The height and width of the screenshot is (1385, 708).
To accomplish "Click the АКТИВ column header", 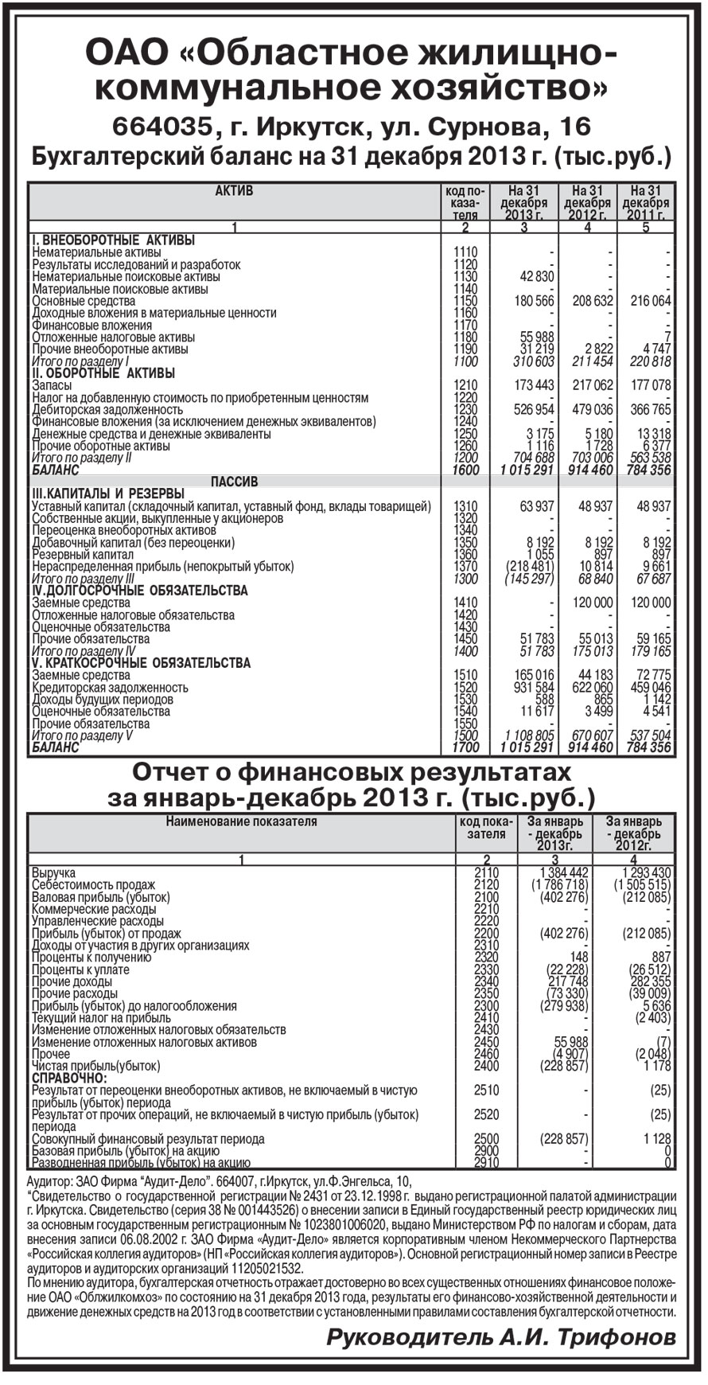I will point(235,191).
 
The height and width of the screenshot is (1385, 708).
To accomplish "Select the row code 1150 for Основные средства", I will point(465,301).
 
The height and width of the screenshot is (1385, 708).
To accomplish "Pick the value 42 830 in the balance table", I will point(535,276).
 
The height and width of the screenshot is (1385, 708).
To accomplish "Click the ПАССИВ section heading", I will point(234,482).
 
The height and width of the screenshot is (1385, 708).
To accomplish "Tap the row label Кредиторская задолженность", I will point(111,688).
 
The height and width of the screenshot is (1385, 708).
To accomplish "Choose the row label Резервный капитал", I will point(83,554).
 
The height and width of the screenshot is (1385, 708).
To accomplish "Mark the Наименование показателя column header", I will point(241,821).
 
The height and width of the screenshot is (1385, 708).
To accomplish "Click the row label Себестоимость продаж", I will point(94,884).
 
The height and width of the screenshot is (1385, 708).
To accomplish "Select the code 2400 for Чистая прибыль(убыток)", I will point(486,1066).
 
